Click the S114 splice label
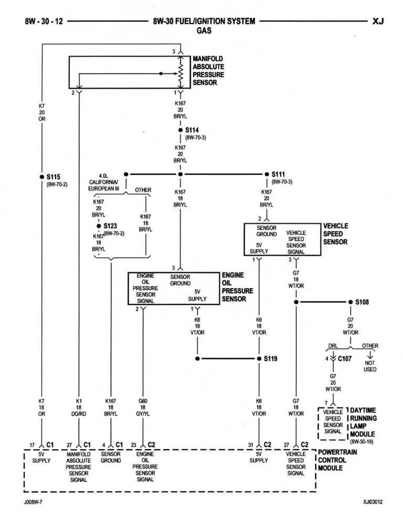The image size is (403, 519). click(x=192, y=130)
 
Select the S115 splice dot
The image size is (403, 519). click(x=41, y=177)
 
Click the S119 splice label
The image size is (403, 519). click(x=270, y=359)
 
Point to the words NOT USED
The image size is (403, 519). click(x=370, y=366)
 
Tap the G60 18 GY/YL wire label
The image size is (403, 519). click(x=143, y=407)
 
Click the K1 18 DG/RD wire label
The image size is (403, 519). click(x=79, y=407)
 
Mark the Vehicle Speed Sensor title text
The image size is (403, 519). click(x=335, y=234)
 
